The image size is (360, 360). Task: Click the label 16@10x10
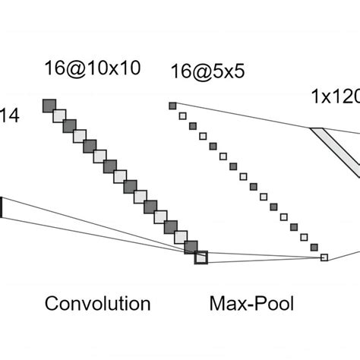(x=90, y=68)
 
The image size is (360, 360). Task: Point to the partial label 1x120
(x=335, y=97)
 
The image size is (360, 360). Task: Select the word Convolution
(x=97, y=305)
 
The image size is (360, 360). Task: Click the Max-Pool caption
(x=251, y=305)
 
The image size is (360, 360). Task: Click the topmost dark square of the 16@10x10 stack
(x=49, y=105)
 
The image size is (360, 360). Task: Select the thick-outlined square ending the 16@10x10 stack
(x=201, y=257)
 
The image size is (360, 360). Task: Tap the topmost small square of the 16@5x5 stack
(x=172, y=106)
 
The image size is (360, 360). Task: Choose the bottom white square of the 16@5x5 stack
(x=324, y=257)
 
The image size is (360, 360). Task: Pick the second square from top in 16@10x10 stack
(x=59, y=115)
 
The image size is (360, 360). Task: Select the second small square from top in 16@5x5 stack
(x=182, y=115)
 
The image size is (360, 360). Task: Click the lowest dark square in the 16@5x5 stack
(x=314, y=248)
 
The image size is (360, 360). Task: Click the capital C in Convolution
(x=52, y=305)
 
